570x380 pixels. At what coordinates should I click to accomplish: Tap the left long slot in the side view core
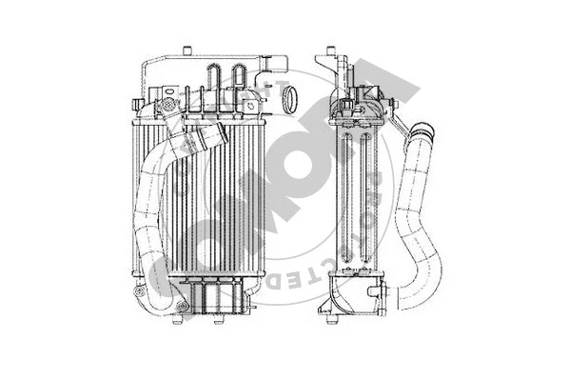point(350,200)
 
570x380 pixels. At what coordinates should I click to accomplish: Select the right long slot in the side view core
point(364,200)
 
